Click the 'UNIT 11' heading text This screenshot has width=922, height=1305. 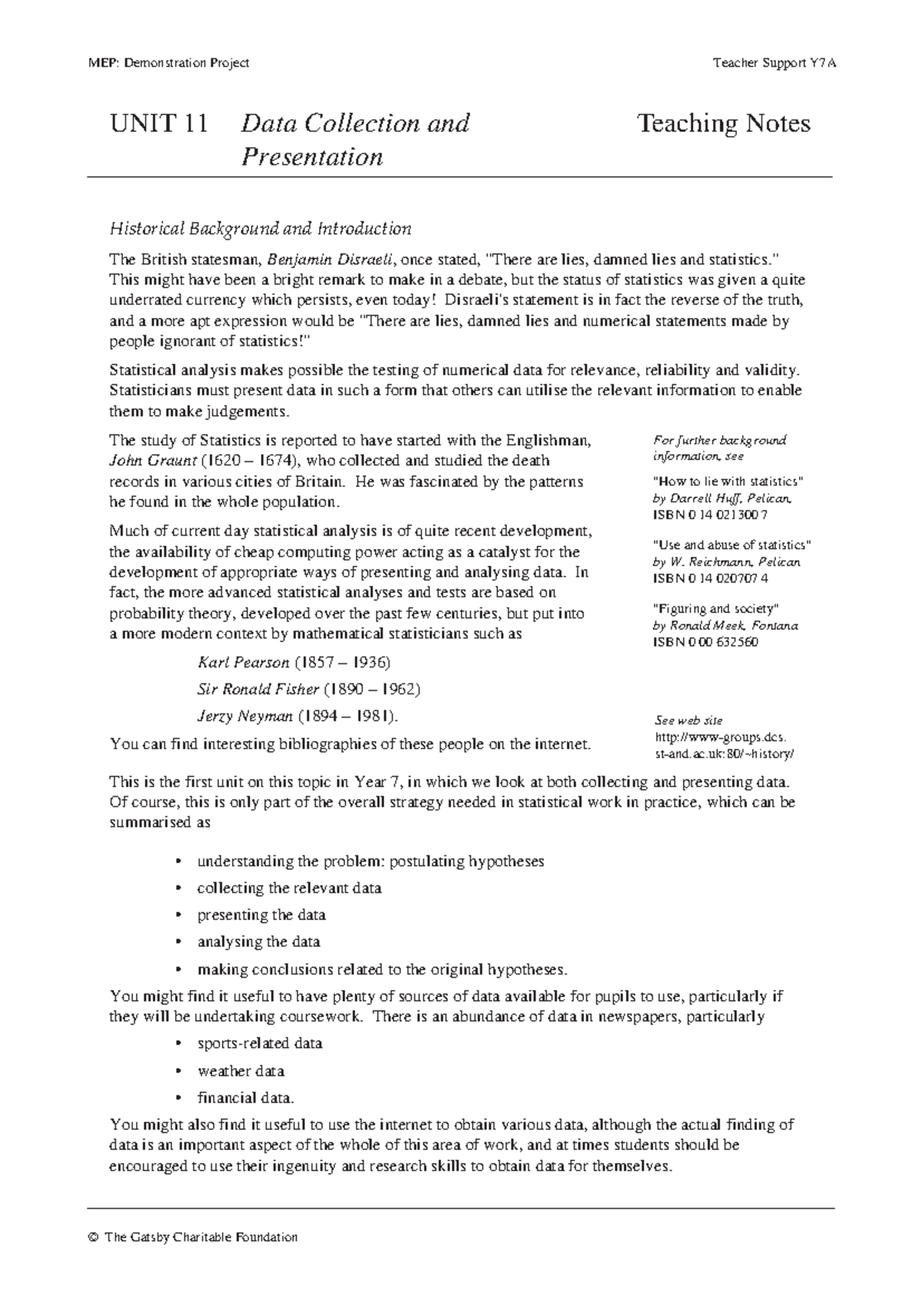[x=159, y=124]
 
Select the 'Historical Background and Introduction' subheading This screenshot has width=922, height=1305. [x=260, y=228]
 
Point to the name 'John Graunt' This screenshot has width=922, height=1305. [x=153, y=461]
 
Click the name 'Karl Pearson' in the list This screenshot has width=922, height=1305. [x=244, y=662]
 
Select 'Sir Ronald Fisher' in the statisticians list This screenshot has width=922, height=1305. [x=258, y=689]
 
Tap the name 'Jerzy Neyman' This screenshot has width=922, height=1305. [x=245, y=716]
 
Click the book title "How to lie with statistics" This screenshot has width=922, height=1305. [x=727, y=481]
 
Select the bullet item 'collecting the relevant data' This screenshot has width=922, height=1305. [x=289, y=888]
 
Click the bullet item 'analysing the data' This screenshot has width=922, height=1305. [x=258, y=942]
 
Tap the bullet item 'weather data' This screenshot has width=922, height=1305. [x=240, y=1071]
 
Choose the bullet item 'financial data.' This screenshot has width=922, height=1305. [x=246, y=1098]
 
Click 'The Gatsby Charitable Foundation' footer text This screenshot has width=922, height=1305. [x=200, y=1237]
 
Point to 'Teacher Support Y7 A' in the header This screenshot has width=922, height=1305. [x=773, y=63]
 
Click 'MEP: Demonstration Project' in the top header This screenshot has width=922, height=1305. [x=168, y=63]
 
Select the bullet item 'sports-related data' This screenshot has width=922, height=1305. [x=260, y=1044]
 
